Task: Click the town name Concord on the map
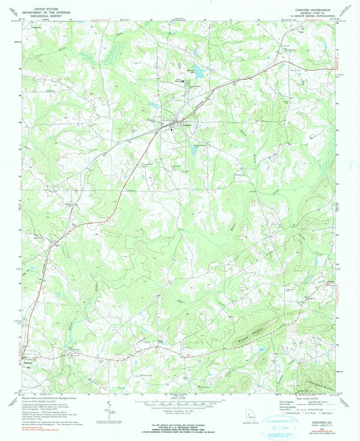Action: [x=186, y=125]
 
